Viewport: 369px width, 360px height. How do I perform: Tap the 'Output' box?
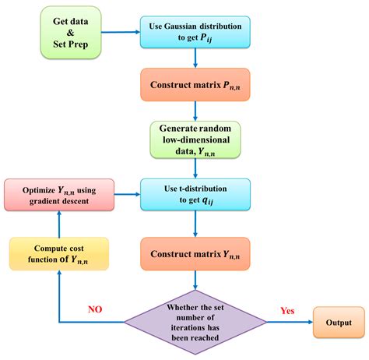coord(338,322)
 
